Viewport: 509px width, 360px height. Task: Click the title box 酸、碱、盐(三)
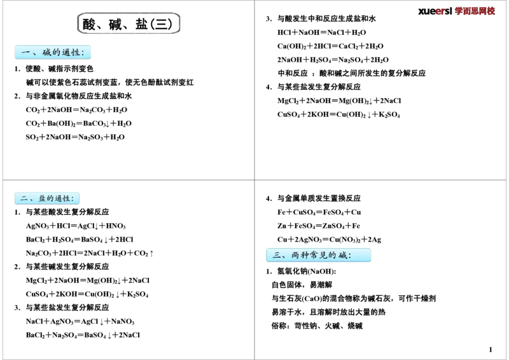(129, 24)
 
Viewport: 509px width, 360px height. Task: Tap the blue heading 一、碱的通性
(53, 52)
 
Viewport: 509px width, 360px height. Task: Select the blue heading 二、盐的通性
(47, 198)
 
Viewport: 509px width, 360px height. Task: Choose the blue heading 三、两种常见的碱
(318, 255)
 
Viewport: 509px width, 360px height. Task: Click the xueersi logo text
(456, 11)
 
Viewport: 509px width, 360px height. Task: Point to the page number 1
(490, 350)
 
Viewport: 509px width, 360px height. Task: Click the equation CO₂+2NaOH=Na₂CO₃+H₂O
(76, 110)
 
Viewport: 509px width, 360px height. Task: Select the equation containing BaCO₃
(78, 123)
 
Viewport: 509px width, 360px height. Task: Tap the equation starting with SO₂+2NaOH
(75, 137)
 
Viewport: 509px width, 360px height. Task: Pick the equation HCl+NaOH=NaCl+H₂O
(321, 32)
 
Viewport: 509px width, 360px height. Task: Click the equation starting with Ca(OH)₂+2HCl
(330, 46)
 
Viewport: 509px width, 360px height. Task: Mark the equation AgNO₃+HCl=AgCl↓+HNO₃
(76, 226)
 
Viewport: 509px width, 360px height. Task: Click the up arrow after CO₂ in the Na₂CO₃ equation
(151, 253)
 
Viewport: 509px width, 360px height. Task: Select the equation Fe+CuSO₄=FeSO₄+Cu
(319, 212)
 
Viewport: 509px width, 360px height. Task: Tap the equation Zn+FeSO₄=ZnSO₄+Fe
(319, 226)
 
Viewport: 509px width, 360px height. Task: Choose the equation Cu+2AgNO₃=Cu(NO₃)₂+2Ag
(329, 240)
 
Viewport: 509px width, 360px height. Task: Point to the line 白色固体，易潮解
(302, 285)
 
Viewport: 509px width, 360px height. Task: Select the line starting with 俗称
(317, 326)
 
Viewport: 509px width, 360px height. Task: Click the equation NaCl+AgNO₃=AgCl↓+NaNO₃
(80, 321)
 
